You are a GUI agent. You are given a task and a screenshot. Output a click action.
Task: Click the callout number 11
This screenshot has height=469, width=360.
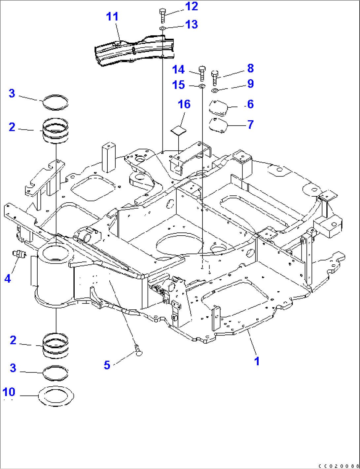(x=112, y=17)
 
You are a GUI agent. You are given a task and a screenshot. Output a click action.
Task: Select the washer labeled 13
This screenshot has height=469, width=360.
(x=162, y=29)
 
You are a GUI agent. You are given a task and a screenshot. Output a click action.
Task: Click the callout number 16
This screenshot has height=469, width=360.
(x=184, y=104)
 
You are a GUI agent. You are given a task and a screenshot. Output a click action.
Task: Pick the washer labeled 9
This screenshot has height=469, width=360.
(x=214, y=90)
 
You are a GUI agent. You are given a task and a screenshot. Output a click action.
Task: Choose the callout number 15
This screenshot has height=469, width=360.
(x=178, y=85)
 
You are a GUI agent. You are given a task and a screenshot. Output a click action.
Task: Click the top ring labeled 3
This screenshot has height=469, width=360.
(x=55, y=102)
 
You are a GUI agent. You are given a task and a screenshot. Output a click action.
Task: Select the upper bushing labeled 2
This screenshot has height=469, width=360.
(x=55, y=131)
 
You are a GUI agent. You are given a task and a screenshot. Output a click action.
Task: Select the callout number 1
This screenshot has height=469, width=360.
(x=257, y=361)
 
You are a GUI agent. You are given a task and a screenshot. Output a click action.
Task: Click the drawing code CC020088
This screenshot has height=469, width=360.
(x=338, y=466)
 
